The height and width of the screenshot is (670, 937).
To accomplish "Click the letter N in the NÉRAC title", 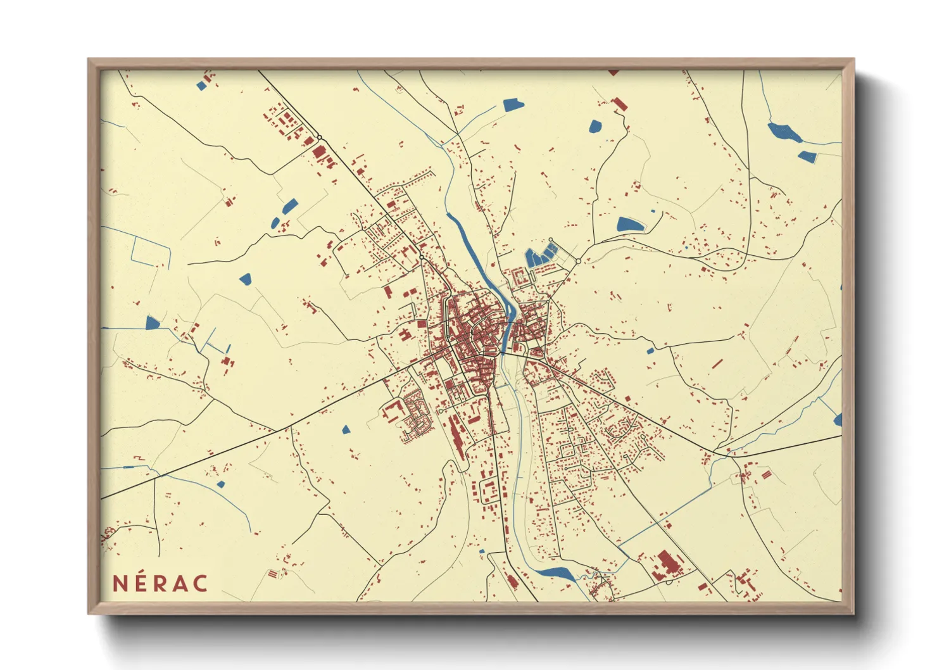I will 120,583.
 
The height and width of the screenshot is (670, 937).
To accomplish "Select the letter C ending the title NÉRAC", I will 201,583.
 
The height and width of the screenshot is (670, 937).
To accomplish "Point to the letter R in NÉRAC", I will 160,583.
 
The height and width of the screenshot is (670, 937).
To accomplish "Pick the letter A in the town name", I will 180,583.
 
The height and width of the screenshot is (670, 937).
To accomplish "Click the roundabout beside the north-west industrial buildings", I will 320,137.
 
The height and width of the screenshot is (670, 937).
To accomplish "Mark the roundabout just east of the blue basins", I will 578,261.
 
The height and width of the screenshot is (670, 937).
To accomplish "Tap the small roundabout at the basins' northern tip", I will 550,240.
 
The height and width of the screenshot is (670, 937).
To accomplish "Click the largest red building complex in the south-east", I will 665,563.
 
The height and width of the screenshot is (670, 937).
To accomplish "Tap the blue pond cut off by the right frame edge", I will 838,419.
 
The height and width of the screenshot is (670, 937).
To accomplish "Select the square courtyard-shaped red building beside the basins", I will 520,277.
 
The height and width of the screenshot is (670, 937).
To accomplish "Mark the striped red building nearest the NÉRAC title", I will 273,574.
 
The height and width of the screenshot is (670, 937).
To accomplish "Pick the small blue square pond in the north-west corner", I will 201,85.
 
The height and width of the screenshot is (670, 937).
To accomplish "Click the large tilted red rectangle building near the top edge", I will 619,104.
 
